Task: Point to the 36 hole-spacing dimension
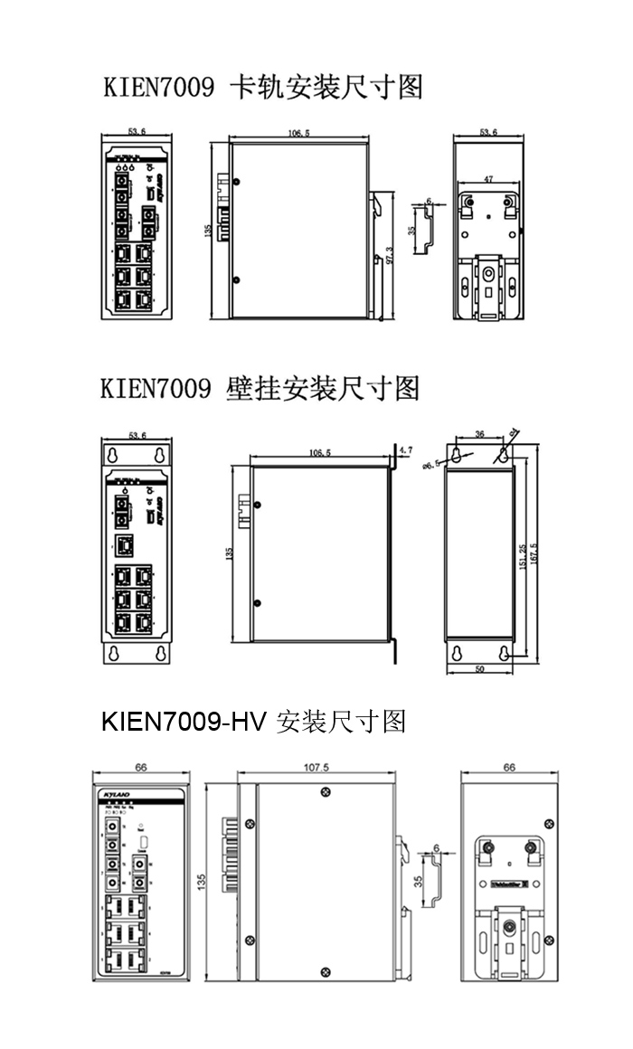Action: coord(479,435)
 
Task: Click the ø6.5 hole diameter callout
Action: coord(430,464)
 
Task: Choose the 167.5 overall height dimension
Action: coord(535,552)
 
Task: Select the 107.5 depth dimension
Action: coord(316,767)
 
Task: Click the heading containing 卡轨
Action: coord(262,88)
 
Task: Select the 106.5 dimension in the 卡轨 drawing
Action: coord(299,133)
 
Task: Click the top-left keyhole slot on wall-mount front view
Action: coord(114,454)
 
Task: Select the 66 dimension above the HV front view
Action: coord(141,767)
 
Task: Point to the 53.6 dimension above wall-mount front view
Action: coord(137,435)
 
